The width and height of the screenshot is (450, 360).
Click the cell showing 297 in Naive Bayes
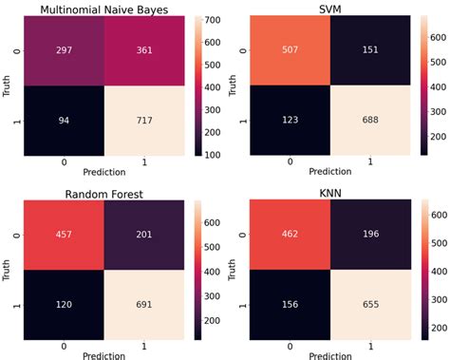(x=59, y=50)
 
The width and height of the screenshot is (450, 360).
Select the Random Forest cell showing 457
(x=59, y=233)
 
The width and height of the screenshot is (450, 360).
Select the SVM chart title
(x=336, y=9)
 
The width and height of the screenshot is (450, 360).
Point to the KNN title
(x=336, y=191)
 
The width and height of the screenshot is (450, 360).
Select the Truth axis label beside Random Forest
(x=8, y=266)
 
